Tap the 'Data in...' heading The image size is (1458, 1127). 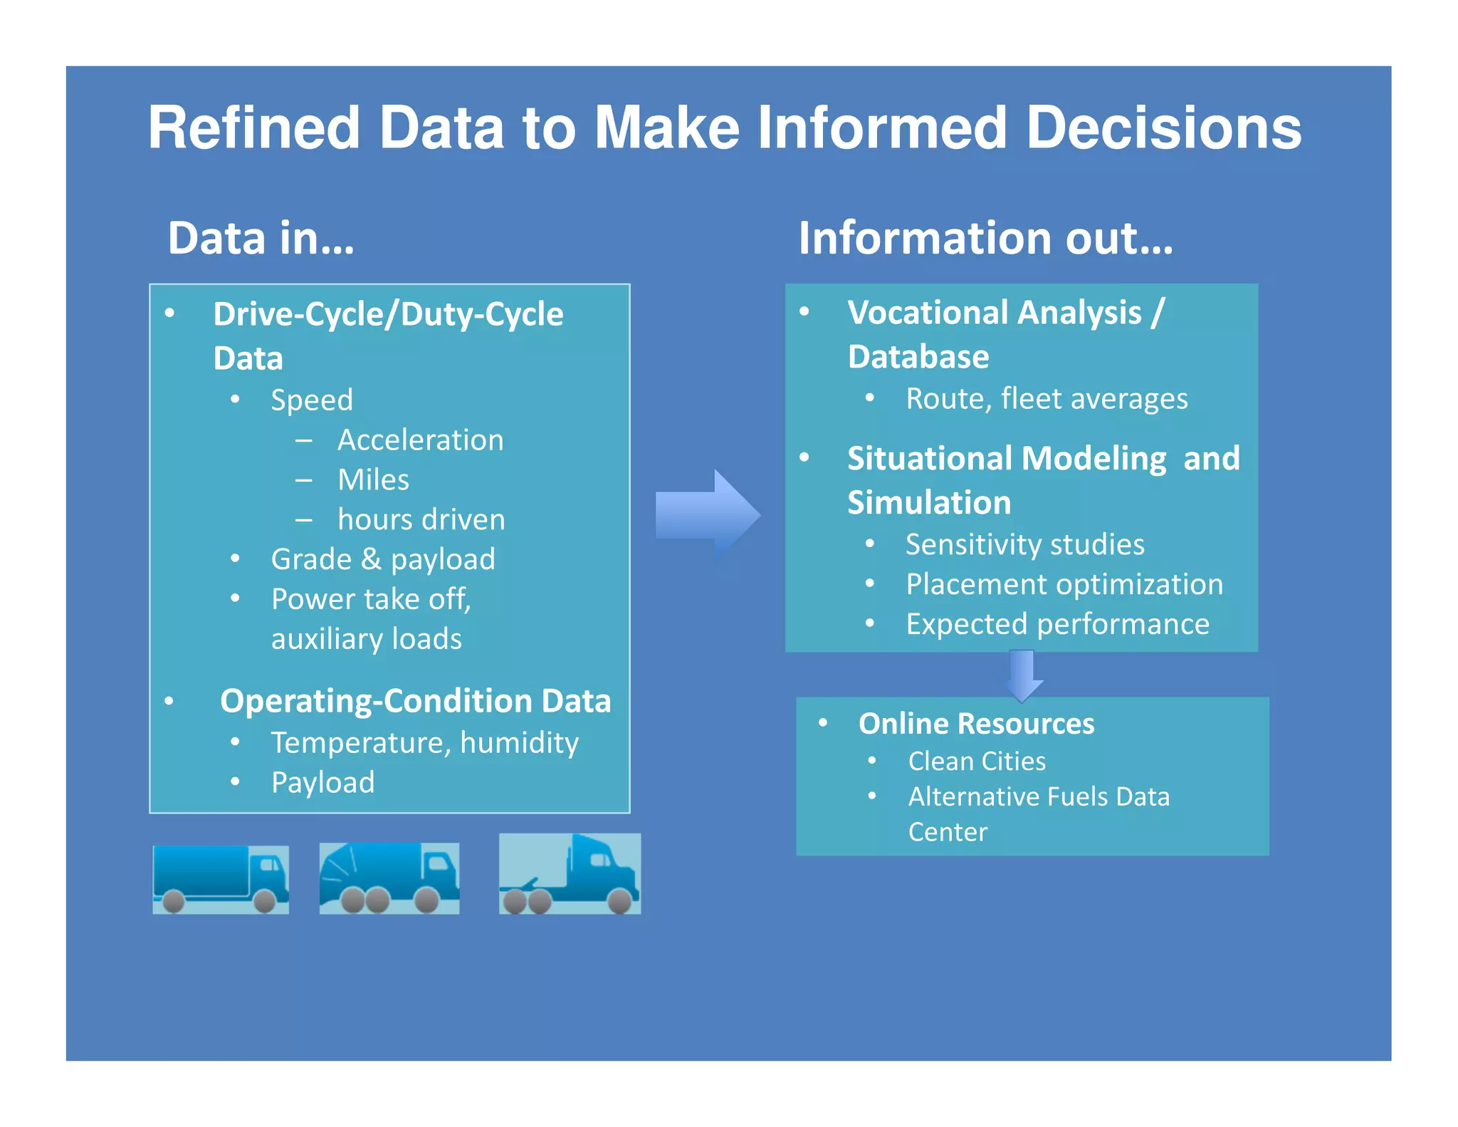pos(261,238)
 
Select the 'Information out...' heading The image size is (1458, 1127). pos(985,238)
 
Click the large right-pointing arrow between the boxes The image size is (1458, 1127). pos(708,514)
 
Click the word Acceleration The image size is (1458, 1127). pos(420,440)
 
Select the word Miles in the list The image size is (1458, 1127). pos(373,480)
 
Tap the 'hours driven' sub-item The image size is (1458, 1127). pos(421,520)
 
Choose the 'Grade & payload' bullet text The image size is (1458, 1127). pos(383,560)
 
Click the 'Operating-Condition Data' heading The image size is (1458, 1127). pos(415,701)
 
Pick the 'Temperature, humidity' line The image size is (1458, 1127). pos(424,743)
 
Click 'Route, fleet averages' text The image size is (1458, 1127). pos(1047,399)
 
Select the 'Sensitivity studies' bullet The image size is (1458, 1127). pos(1024,545)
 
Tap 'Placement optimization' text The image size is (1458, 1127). pos(1064,585)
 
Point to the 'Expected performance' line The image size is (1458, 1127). pos(1057,625)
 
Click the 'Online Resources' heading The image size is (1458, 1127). pos(976,724)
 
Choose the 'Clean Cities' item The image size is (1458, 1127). pos(977,762)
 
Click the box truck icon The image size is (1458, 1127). pos(221,879)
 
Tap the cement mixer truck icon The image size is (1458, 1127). pos(389,878)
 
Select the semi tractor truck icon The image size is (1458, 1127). pos(570,874)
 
